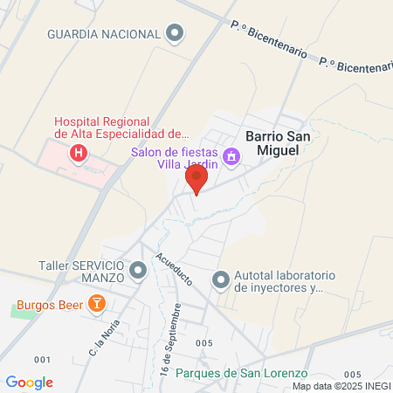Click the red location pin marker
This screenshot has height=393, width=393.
pyautogui.click(x=196, y=179)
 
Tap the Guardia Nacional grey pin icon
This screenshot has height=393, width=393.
pyautogui.click(x=176, y=34)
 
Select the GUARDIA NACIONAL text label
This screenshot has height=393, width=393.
pyautogui.click(x=104, y=34)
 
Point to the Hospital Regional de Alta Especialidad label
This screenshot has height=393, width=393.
pyautogui.click(x=121, y=128)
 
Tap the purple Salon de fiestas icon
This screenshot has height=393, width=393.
pyautogui.click(x=231, y=158)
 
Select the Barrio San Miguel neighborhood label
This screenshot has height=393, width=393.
pyautogui.click(x=279, y=144)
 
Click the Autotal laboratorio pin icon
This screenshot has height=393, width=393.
pyautogui.click(x=221, y=280)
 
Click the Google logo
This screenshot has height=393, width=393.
pyautogui.click(x=29, y=383)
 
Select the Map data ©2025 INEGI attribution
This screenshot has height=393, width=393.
pyautogui.click(x=341, y=386)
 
